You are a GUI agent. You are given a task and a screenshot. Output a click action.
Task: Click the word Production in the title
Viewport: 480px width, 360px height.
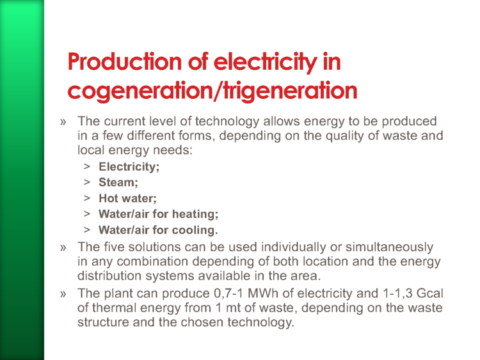125,62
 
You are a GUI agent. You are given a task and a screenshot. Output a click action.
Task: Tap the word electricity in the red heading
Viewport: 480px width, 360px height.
266,63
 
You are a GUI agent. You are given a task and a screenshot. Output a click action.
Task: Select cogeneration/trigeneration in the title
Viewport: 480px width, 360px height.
212,91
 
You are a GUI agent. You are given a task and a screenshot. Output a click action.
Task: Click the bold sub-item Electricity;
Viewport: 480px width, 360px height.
129,167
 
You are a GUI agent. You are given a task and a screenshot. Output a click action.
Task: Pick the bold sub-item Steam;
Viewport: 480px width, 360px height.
118,182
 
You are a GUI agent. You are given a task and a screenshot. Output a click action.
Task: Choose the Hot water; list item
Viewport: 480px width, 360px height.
127,198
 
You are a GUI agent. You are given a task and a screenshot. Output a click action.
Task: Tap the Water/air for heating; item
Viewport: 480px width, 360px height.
158,214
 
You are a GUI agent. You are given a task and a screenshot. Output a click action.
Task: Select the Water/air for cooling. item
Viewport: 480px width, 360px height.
158,230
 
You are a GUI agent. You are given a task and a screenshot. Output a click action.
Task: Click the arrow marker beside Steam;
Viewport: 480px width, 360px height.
87,182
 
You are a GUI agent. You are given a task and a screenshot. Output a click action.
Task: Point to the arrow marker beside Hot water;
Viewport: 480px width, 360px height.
87,198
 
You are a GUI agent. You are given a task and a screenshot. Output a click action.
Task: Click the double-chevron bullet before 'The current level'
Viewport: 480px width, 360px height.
63,122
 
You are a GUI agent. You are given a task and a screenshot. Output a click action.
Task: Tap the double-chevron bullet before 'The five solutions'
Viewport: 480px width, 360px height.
63,247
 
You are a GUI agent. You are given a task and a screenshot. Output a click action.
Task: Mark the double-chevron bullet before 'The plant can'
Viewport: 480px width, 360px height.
63,294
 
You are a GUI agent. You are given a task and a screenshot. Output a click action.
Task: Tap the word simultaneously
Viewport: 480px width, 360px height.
389,247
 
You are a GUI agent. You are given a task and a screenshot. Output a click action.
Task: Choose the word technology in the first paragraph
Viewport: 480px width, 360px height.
227,121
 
